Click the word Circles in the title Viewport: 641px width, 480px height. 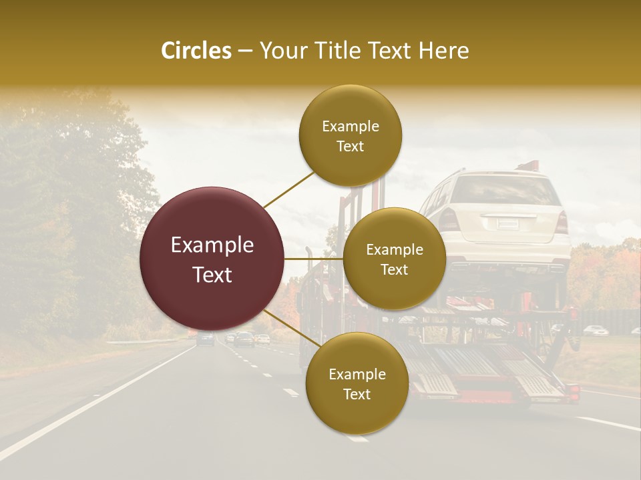196,51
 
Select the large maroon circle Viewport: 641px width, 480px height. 212,259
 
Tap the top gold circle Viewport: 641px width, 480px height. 350,135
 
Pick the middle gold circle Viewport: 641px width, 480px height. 394,259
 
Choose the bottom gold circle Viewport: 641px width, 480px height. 357,383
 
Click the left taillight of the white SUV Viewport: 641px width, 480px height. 449,219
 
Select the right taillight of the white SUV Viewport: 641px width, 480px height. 561,221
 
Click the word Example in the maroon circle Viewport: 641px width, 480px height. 212,245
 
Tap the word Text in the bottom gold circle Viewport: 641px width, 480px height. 357,394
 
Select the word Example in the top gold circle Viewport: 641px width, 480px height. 350,126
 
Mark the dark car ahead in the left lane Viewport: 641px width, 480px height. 206,339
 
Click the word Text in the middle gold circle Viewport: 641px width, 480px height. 394,269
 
